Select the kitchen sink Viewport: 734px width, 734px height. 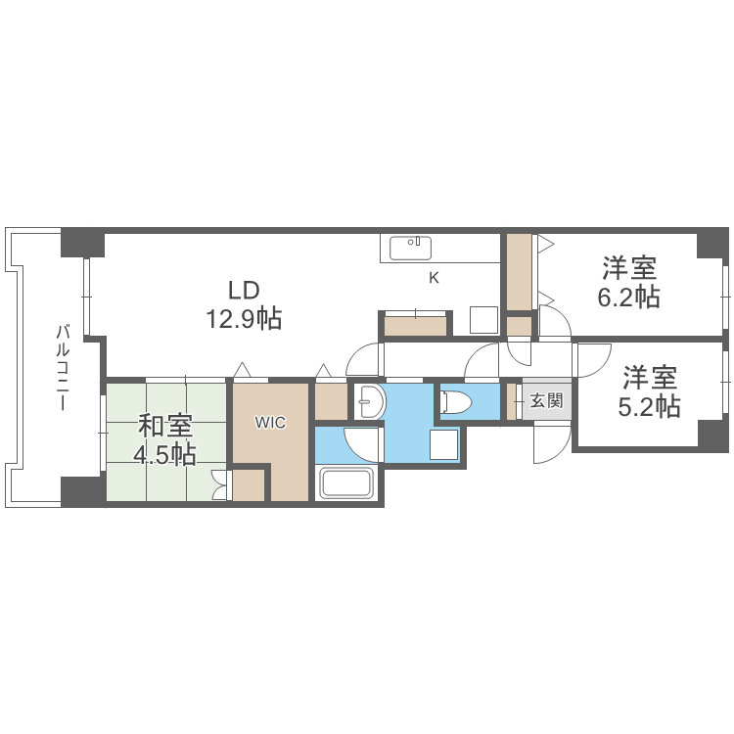[x=411, y=248]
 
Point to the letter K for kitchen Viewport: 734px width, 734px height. [x=434, y=278]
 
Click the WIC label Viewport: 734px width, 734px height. [x=270, y=423]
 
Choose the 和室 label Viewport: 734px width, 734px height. [x=165, y=427]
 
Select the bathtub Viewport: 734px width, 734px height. [x=346, y=484]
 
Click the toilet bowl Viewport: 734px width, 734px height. [x=457, y=402]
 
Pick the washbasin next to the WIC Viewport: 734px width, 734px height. [x=368, y=401]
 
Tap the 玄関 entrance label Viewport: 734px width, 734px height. [x=546, y=400]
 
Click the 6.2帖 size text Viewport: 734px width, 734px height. [x=628, y=297]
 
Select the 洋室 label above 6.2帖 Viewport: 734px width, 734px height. [x=628, y=267]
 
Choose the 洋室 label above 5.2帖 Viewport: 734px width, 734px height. [x=649, y=376]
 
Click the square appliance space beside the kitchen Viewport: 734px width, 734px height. [x=484, y=321]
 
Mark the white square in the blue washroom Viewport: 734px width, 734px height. [x=443, y=445]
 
